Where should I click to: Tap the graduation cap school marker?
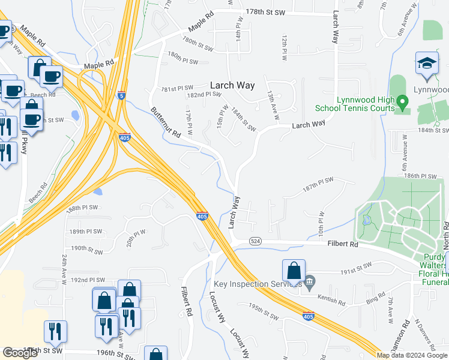pyautogui.click(x=427, y=64)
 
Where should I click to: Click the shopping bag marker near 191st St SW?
pyautogui.click(x=294, y=271)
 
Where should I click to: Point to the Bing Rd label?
pyautogui.click(x=375, y=298)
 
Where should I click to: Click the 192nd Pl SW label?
pyautogui.click(x=88, y=280)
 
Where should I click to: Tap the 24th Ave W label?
pyautogui.click(x=64, y=267)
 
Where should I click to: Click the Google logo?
pyautogui.click(x=20, y=353)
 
